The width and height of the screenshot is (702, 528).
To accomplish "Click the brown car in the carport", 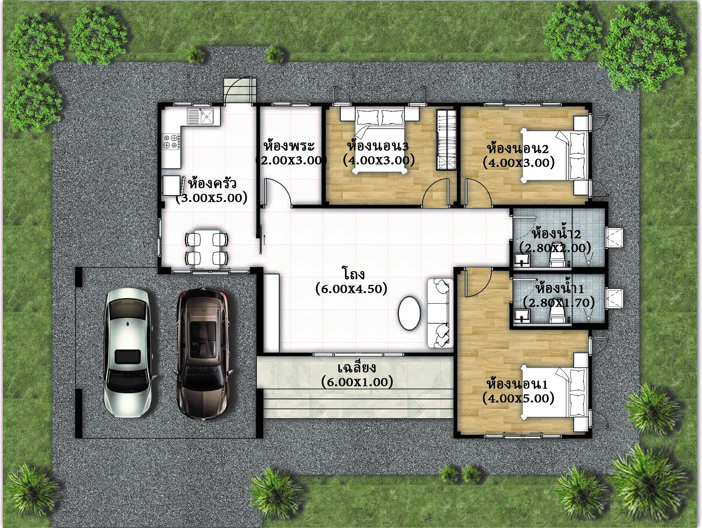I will [x=203, y=353].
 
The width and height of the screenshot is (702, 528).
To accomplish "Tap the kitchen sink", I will [x=201, y=116].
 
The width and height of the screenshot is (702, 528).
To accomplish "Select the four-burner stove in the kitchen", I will [x=170, y=141].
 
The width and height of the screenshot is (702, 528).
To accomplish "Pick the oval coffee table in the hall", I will [x=409, y=313].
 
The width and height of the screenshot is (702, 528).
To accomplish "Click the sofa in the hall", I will [x=440, y=313].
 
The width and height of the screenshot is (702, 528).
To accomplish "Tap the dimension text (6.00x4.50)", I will [x=351, y=289].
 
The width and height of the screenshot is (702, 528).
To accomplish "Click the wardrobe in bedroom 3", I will [x=446, y=140].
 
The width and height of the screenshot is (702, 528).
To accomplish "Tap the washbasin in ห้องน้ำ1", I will [x=521, y=316].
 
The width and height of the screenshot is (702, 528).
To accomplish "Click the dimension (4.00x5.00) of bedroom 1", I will [x=518, y=398].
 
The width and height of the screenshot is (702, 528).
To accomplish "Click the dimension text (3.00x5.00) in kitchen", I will [x=211, y=198].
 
